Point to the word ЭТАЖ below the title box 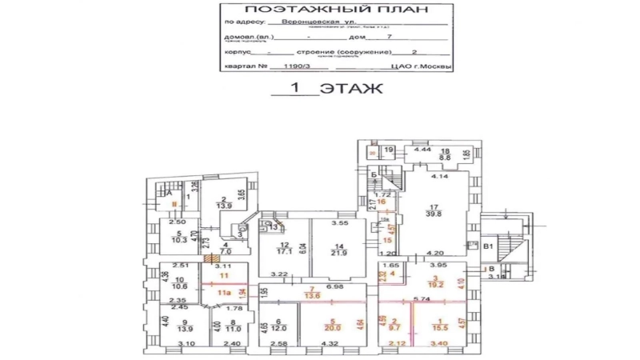tap(351, 88)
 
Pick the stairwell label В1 tap(490, 248)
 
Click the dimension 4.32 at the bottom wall tap(329, 344)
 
